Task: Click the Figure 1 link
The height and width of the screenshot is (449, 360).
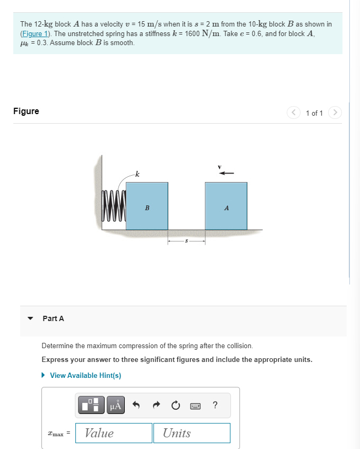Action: pos(35,33)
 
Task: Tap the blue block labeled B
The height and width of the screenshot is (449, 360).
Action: pos(147,206)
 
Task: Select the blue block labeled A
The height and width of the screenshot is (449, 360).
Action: pos(226,206)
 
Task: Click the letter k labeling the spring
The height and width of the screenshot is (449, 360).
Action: pos(138,174)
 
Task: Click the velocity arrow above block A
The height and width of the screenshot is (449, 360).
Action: pos(227,173)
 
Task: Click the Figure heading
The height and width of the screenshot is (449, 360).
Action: pos(26,111)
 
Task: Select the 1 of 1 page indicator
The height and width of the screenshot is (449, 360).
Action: pos(314,113)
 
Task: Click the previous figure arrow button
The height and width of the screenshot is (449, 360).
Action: pos(294,113)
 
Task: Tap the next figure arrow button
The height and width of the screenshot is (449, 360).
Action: pos(335,113)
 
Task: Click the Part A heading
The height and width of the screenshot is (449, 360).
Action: pos(53,318)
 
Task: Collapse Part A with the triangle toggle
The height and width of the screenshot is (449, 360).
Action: pos(31,319)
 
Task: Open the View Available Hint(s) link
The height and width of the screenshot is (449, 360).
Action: pos(85,375)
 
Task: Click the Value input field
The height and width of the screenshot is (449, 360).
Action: pos(114,433)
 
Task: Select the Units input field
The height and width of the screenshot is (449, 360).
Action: pos(193,433)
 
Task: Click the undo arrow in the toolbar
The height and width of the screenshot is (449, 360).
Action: pos(136,406)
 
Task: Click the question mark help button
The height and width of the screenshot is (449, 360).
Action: pos(215,406)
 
